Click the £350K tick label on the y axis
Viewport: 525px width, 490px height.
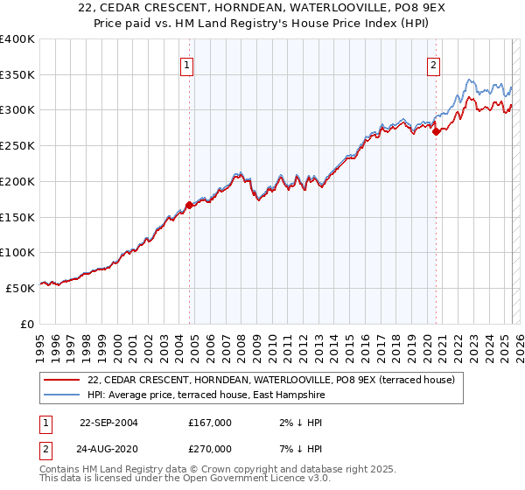click(17, 75)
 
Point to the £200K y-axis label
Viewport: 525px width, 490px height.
click(17, 181)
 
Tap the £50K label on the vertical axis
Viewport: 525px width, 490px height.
click(21, 287)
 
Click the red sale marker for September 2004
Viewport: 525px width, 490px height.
click(189, 206)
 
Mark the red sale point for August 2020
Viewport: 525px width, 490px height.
click(436, 132)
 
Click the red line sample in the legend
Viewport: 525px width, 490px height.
click(63, 381)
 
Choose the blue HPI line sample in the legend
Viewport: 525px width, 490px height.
click(63, 395)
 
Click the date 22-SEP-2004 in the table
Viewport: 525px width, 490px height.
click(108, 423)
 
